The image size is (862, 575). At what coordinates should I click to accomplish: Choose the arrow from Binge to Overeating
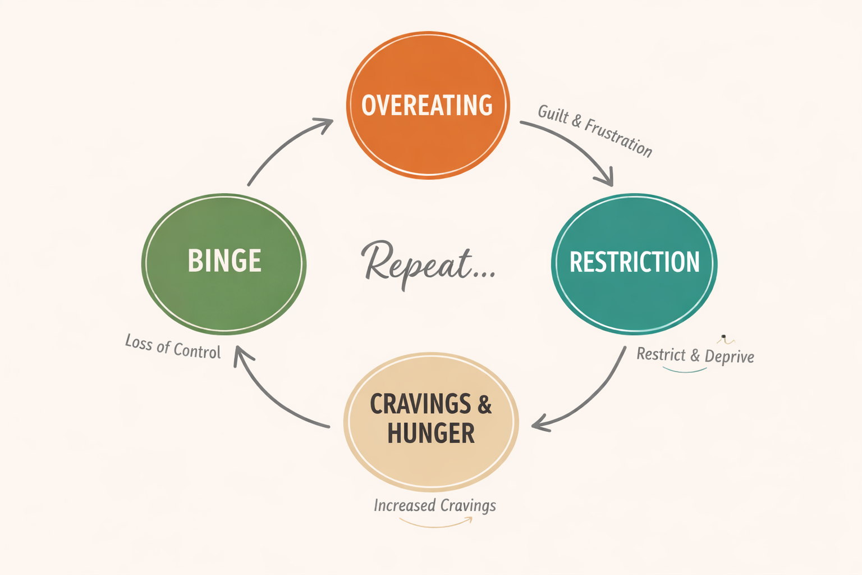(281, 146)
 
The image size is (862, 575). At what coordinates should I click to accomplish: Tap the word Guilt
(553, 114)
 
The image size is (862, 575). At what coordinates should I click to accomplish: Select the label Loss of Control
(173, 346)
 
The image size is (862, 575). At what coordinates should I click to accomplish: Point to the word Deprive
(729, 356)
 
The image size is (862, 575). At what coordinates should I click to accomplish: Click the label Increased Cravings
(435, 505)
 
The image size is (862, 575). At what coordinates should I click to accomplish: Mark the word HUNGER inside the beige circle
(430, 433)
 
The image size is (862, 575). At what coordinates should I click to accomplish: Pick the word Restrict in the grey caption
(661, 354)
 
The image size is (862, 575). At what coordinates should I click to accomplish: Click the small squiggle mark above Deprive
(726, 339)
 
